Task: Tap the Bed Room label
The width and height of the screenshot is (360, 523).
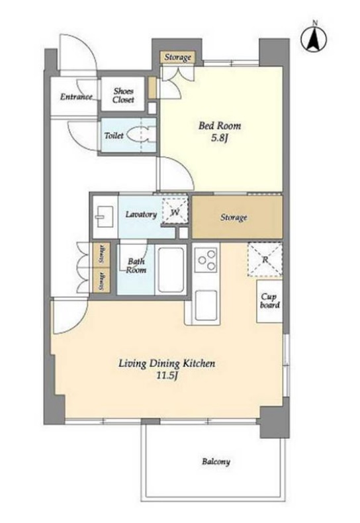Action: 220,126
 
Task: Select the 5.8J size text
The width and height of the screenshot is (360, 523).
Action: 220,138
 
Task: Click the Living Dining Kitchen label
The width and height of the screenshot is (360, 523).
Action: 167,363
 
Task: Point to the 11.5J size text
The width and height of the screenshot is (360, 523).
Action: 166,376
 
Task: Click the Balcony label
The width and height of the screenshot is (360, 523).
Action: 216,462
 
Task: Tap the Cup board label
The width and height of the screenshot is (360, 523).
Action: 269,301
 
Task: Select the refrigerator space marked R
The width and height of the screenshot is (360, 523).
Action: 265,260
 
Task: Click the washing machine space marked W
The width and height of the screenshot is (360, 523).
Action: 175,212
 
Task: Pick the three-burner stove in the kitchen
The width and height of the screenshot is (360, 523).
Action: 206,260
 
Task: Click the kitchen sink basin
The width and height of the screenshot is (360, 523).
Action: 206,305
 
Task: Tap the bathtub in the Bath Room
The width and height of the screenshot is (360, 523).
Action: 171,269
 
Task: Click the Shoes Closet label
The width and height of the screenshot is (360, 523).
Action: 123,95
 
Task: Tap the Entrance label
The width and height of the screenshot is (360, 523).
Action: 76,97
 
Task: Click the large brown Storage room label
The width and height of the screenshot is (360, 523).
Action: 234,217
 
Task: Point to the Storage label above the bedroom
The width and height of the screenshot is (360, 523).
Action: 177,58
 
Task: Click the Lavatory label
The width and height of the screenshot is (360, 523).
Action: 141,214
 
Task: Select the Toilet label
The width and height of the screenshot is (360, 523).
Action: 114,136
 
